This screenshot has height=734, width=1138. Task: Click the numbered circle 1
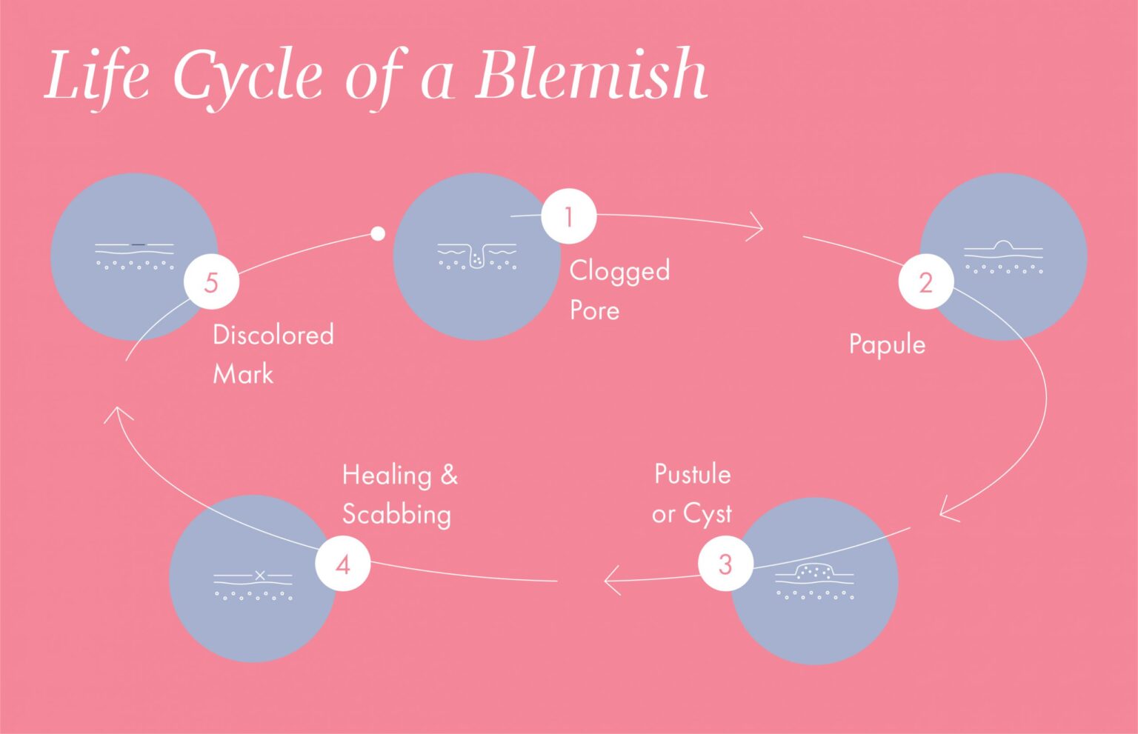pyautogui.click(x=568, y=216)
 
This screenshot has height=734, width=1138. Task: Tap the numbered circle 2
pyautogui.click(x=925, y=282)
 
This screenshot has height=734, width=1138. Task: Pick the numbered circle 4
pyautogui.click(x=342, y=564)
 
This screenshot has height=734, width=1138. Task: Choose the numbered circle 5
pyautogui.click(x=211, y=282)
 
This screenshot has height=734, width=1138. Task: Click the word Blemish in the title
pyautogui.click(x=590, y=75)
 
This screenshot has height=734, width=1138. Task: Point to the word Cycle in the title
pyautogui.click(x=248, y=77)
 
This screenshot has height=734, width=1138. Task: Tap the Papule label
pyautogui.click(x=887, y=344)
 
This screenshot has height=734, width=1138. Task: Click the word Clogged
pyautogui.click(x=619, y=271)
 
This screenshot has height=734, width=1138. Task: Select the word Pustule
pyautogui.click(x=692, y=474)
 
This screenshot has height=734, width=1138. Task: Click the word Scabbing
pyautogui.click(x=396, y=515)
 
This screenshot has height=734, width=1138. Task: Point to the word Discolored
pyautogui.click(x=273, y=335)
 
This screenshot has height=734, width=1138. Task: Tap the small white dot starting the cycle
pyautogui.click(x=378, y=234)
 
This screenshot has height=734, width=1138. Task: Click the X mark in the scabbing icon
pyautogui.click(x=260, y=575)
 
